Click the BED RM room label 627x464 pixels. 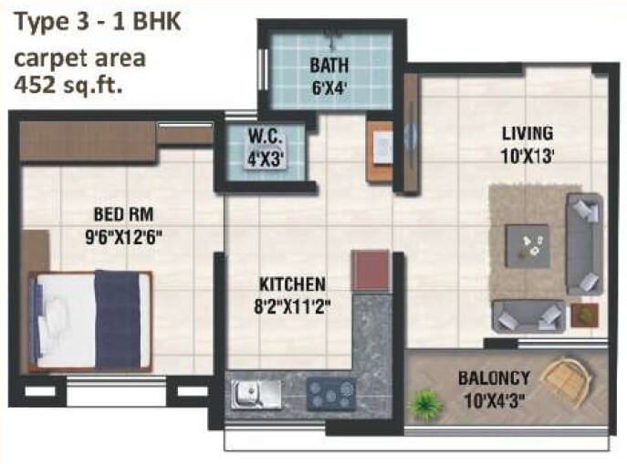pyautogui.click(x=122, y=215)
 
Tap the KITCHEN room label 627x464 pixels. pyautogui.click(x=288, y=284)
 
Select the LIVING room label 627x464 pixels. pyautogui.click(x=528, y=134)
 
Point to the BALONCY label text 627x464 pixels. pyautogui.click(x=493, y=376)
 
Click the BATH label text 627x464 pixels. pyautogui.click(x=327, y=66)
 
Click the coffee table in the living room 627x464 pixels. pyautogui.click(x=528, y=244)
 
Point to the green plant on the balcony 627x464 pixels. pyautogui.click(x=424, y=402)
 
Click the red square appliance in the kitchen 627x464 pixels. pyautogui.click(x=371, y=270)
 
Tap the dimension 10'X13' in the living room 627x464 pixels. pyautogui.click(x=528, y=155)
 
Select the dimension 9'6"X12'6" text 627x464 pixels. pyautogui.click(x=122, y=236)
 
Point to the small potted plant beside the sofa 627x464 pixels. pyautogui.click(x=580, y=314)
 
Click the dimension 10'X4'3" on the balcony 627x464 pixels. pyautogui.click(x=493, y=397)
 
